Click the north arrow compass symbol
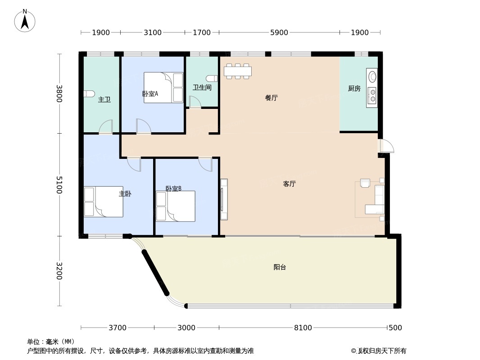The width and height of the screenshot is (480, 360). click(25, 21)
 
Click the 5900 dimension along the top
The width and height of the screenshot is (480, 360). click(279, 32)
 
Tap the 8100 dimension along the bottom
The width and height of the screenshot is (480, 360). click(303, 328)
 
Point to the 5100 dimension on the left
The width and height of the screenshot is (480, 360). click(59, 185)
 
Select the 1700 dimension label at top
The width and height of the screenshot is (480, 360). click(202, 32)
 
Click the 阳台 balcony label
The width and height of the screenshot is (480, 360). click(280, 267)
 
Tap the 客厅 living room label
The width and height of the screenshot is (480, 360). click(289, 184)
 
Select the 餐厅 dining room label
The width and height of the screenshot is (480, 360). click(271, 98)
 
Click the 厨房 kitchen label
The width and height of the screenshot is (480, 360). click(354, 88)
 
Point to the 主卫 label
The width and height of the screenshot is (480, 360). click(104, 99)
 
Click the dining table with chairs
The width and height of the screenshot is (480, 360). click(238, 71)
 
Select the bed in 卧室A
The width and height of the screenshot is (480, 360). click(163, 87)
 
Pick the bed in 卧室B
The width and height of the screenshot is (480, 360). click(176, 206)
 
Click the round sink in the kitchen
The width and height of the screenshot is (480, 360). click(372, 76)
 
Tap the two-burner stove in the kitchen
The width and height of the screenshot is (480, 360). click(372, 95)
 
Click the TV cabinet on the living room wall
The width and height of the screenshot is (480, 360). click(224, 199)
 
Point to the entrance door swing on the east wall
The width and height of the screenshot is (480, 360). click(387, 146)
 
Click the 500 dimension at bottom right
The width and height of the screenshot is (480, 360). click(395, 328)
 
